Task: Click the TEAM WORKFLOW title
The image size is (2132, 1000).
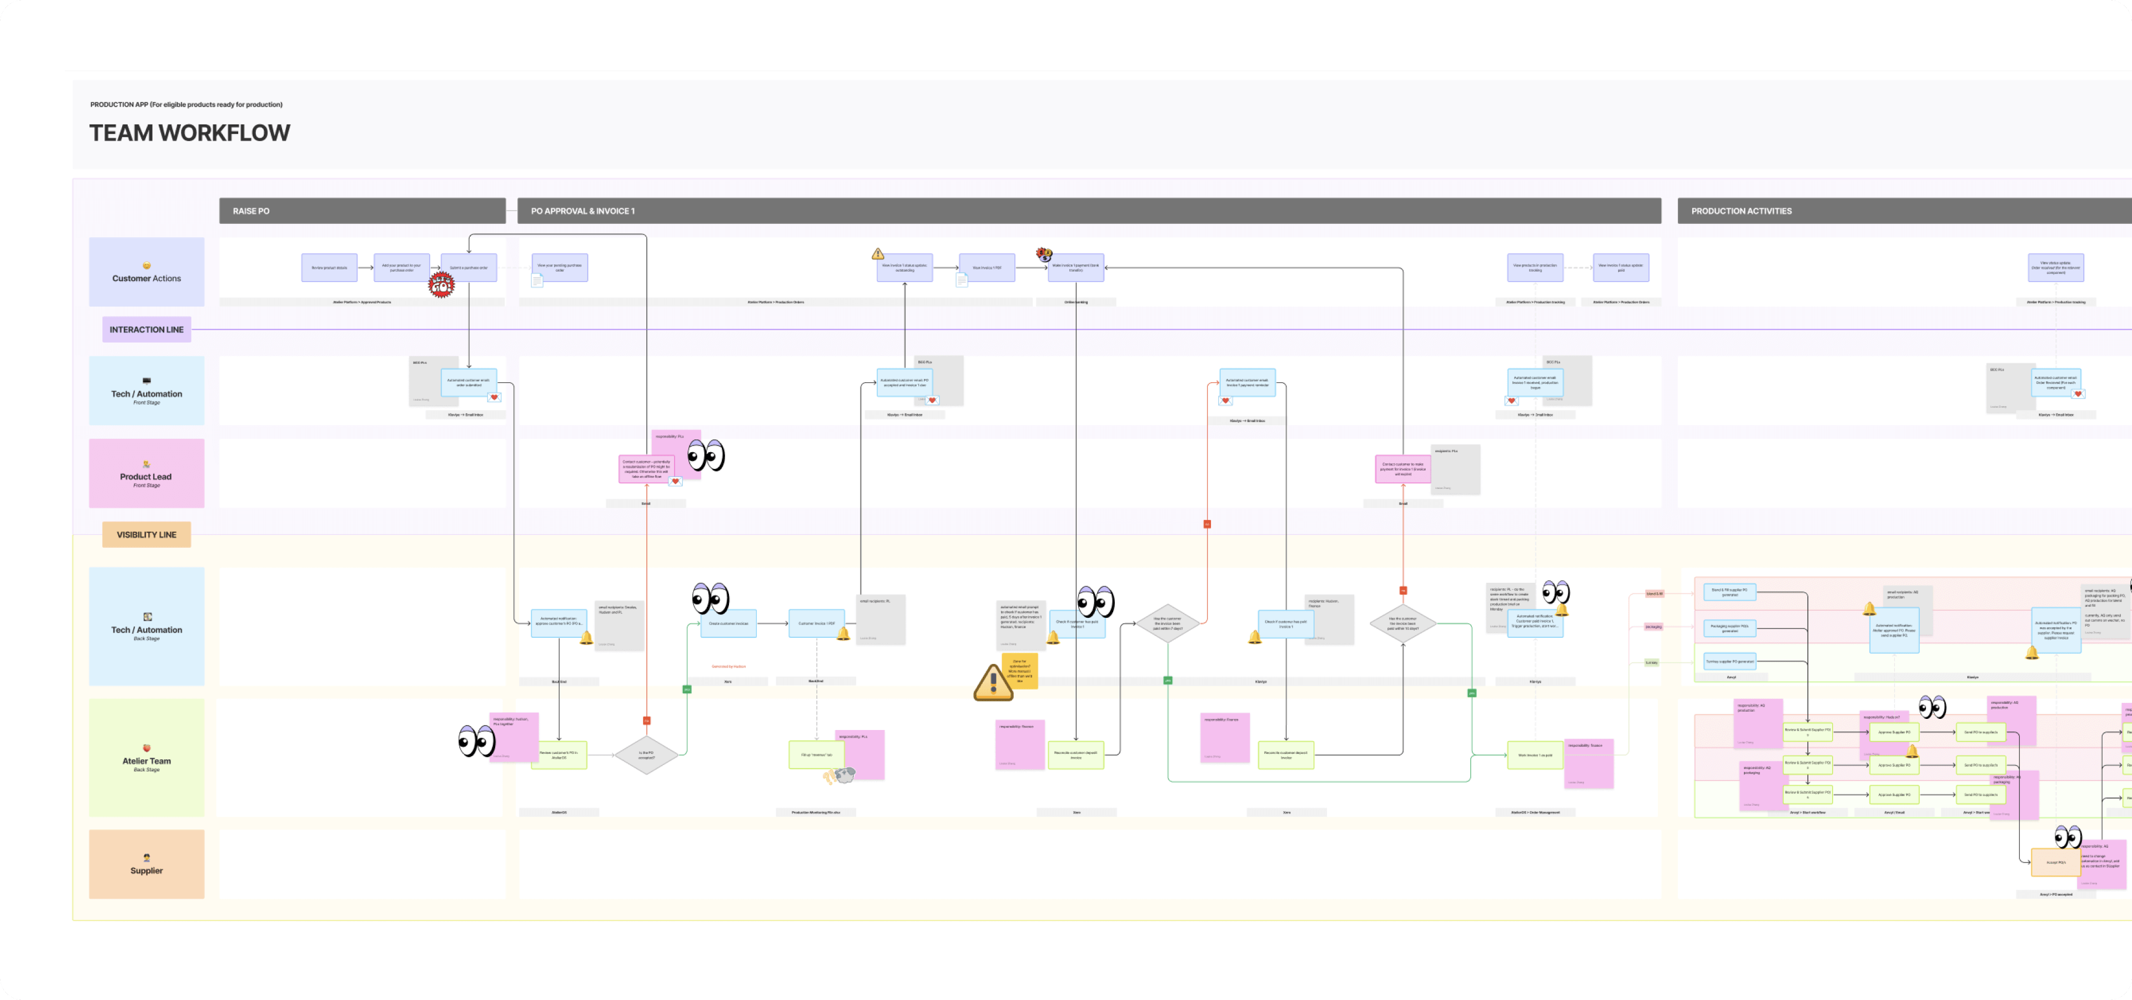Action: point(189,133)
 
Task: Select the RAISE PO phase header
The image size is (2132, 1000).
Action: point(361,211)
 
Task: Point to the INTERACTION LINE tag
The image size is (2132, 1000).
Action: point(147,329)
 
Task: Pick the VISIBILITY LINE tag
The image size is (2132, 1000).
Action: point(147,535)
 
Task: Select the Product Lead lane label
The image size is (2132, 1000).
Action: point(147,473)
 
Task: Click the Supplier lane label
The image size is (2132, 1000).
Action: point(147,864)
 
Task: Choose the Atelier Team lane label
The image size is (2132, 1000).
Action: point(147,757)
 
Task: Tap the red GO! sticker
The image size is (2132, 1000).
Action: point(441,286)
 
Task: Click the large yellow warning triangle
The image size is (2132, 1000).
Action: point(992,682)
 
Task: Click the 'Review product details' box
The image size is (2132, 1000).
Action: point(329,267)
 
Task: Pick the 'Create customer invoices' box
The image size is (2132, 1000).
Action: point(728,623)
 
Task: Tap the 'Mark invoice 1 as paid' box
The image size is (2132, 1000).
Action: point(1535,755)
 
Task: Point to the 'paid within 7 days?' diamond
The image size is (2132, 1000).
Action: point(1168,623)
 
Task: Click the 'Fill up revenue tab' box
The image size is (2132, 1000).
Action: point(816,755)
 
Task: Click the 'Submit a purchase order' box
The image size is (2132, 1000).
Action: point(469,267)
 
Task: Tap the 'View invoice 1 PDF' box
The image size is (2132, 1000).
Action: point(987,267)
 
